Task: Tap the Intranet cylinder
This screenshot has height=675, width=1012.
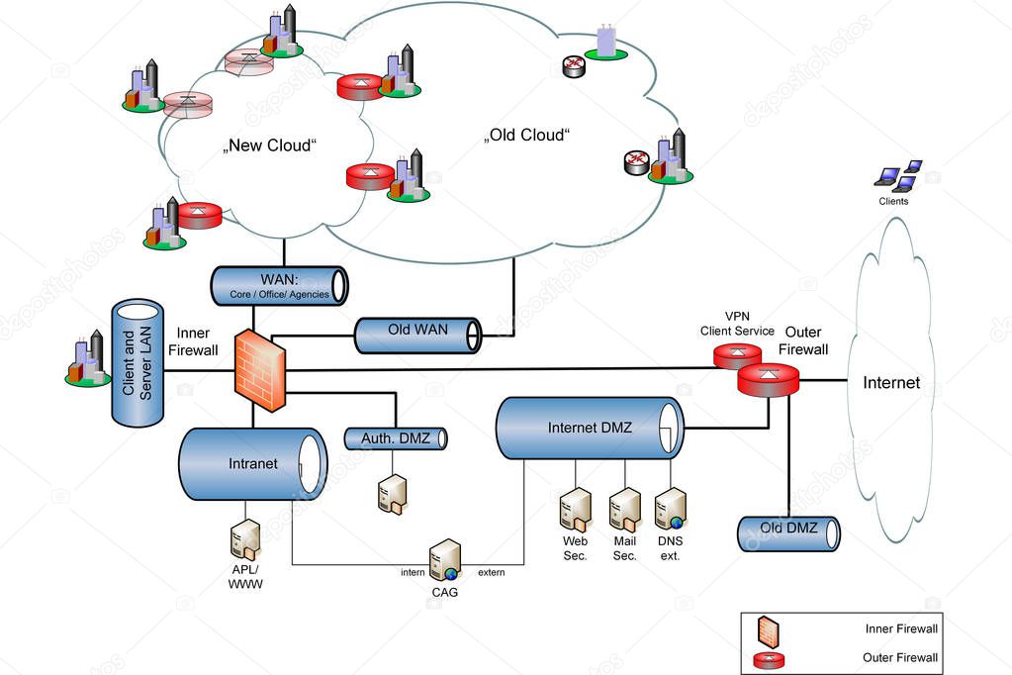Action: (252, 463)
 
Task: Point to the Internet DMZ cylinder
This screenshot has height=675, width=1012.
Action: (590, 429)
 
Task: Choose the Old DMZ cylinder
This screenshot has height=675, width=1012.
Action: (788, 532)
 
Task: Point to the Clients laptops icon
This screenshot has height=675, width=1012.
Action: (898, 175)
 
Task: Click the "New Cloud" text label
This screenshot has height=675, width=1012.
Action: (270, 146)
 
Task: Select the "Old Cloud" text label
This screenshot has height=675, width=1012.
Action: (527, 135)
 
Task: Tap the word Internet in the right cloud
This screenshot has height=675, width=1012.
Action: (890, 383)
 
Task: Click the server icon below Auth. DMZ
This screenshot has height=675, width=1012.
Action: (392, 493)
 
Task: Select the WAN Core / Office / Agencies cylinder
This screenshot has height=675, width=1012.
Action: (279, 285)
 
